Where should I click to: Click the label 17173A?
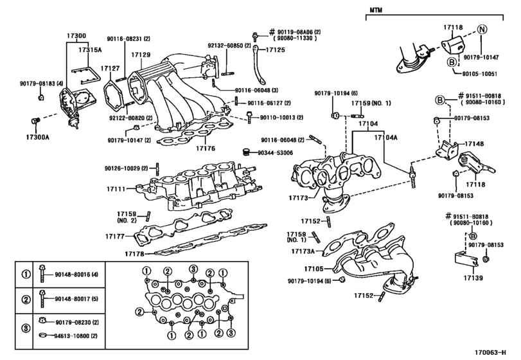click(x=301, y=251)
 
